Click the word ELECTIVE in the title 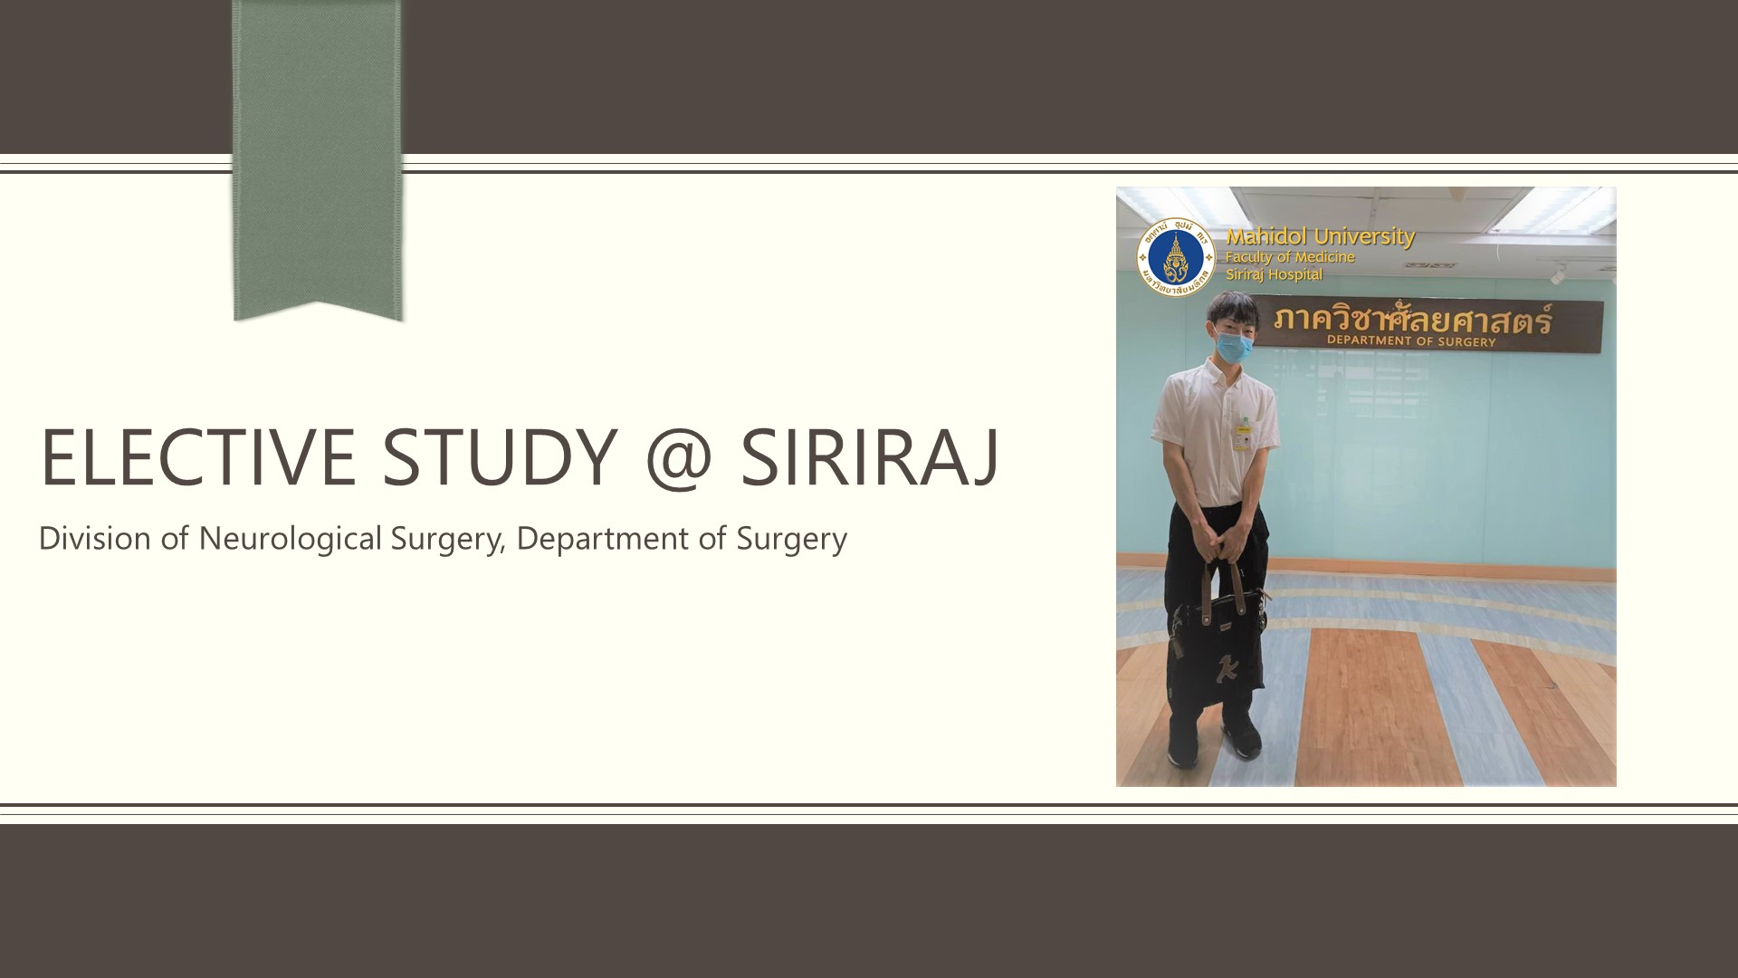pos(198,456)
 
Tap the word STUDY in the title pos(501,456)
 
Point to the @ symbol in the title pos(680,458)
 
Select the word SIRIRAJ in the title pos(870,456)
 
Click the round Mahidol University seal pos(1176,258)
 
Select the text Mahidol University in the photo pos(1320,236)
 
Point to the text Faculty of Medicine pos(1290,257)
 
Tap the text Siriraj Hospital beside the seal pos(1274,274)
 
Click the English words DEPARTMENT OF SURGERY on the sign pos(1411,341)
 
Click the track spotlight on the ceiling pos(1559,273)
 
